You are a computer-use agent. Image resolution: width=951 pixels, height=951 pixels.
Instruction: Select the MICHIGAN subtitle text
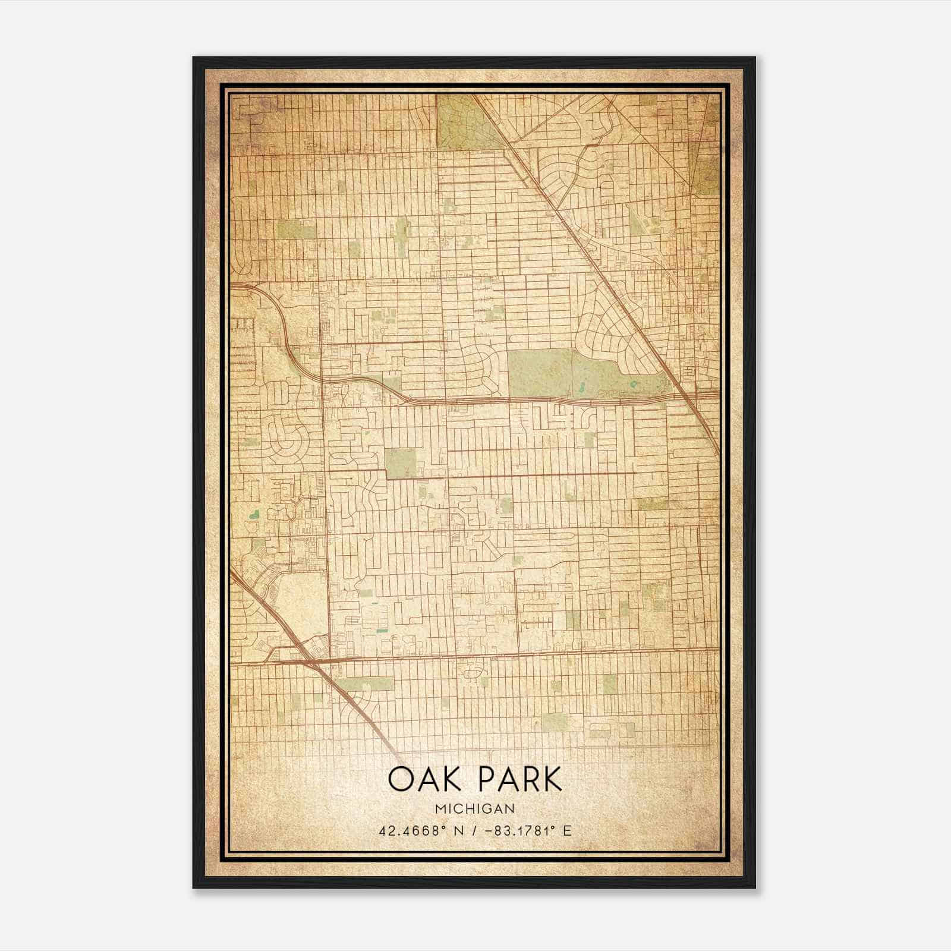point(474,809)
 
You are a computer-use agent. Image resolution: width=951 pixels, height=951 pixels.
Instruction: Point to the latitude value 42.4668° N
point(421,830)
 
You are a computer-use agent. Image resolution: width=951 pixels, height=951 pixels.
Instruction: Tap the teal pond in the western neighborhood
point(254,512)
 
